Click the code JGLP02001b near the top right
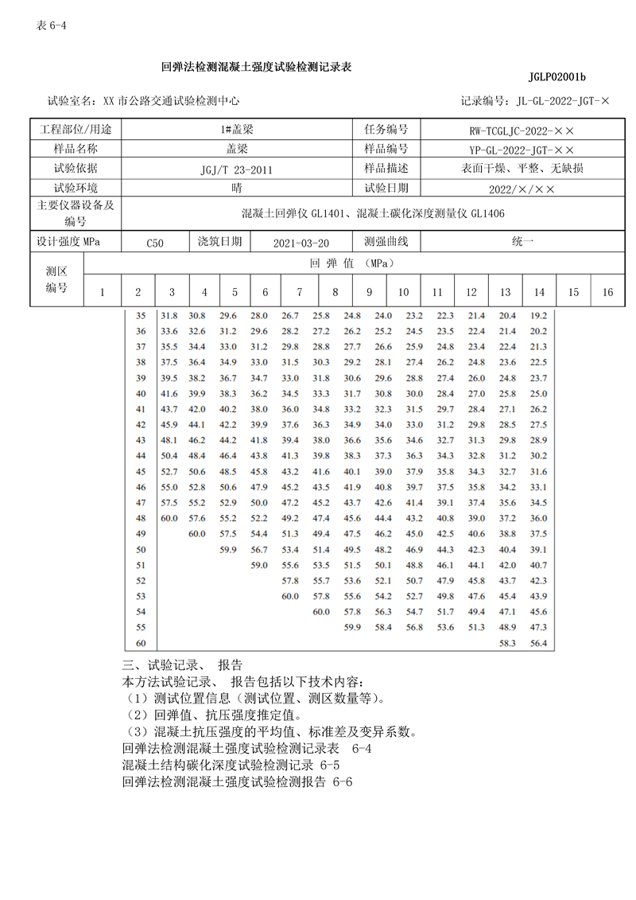click(556, 77)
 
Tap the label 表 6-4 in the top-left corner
click(52, 25)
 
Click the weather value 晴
click(236, 189)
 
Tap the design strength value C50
click(155, 243)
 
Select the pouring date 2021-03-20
click(300, 243)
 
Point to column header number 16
click(607, 292)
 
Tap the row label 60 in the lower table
click(142, 642)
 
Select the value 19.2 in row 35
click(538, 316)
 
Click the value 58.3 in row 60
click(506, 642)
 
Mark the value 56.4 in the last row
click(538, 642)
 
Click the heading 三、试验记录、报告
click(182, 665)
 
